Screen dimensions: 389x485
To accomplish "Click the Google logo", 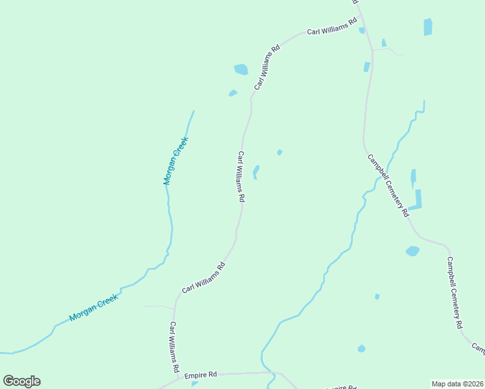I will [x=21, y=381].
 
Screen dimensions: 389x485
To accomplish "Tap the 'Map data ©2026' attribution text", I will [x=457, y=384].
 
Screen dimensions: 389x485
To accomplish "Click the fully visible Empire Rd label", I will [x=200, y=375].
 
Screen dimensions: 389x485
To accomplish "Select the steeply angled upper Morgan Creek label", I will [x=176, y=161].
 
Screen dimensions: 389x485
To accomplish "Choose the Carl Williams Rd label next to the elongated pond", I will [x=241, y=177].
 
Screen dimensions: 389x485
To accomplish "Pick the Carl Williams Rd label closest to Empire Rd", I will [x=174, y=346].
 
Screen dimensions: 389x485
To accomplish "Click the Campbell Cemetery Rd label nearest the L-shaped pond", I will [x=388, y=185].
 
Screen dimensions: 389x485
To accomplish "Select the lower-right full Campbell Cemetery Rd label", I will [x=454, y=292].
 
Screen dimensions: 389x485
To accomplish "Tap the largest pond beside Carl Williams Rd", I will [x=241, y=69].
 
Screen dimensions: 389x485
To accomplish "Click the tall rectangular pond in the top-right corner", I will [x=428, y=27].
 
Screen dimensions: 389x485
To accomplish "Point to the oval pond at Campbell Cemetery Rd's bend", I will [x=412, y=251].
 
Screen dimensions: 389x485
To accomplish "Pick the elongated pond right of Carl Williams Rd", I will [x=256, y=172].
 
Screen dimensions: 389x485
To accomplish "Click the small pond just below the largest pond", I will [x=233, y=93].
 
